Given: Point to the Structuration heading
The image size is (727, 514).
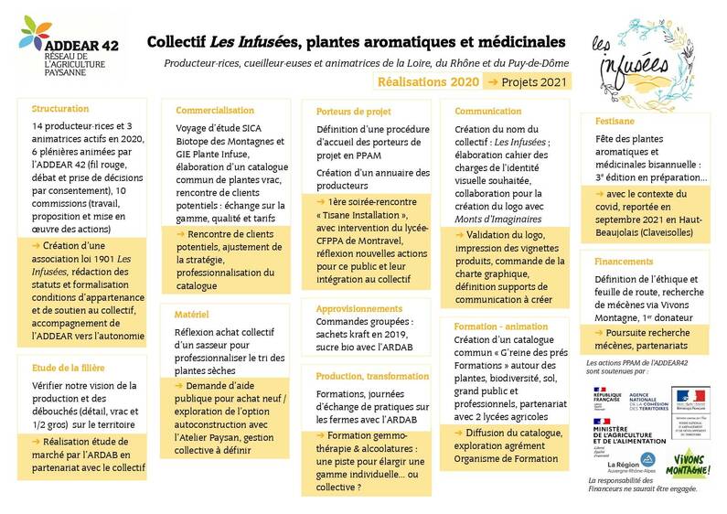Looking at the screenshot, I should [60, 107].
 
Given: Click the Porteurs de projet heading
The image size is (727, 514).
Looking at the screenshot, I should [353, 111].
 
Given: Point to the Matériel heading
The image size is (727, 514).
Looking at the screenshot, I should [193, 314].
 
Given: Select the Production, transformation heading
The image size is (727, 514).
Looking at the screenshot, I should [373, 376].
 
